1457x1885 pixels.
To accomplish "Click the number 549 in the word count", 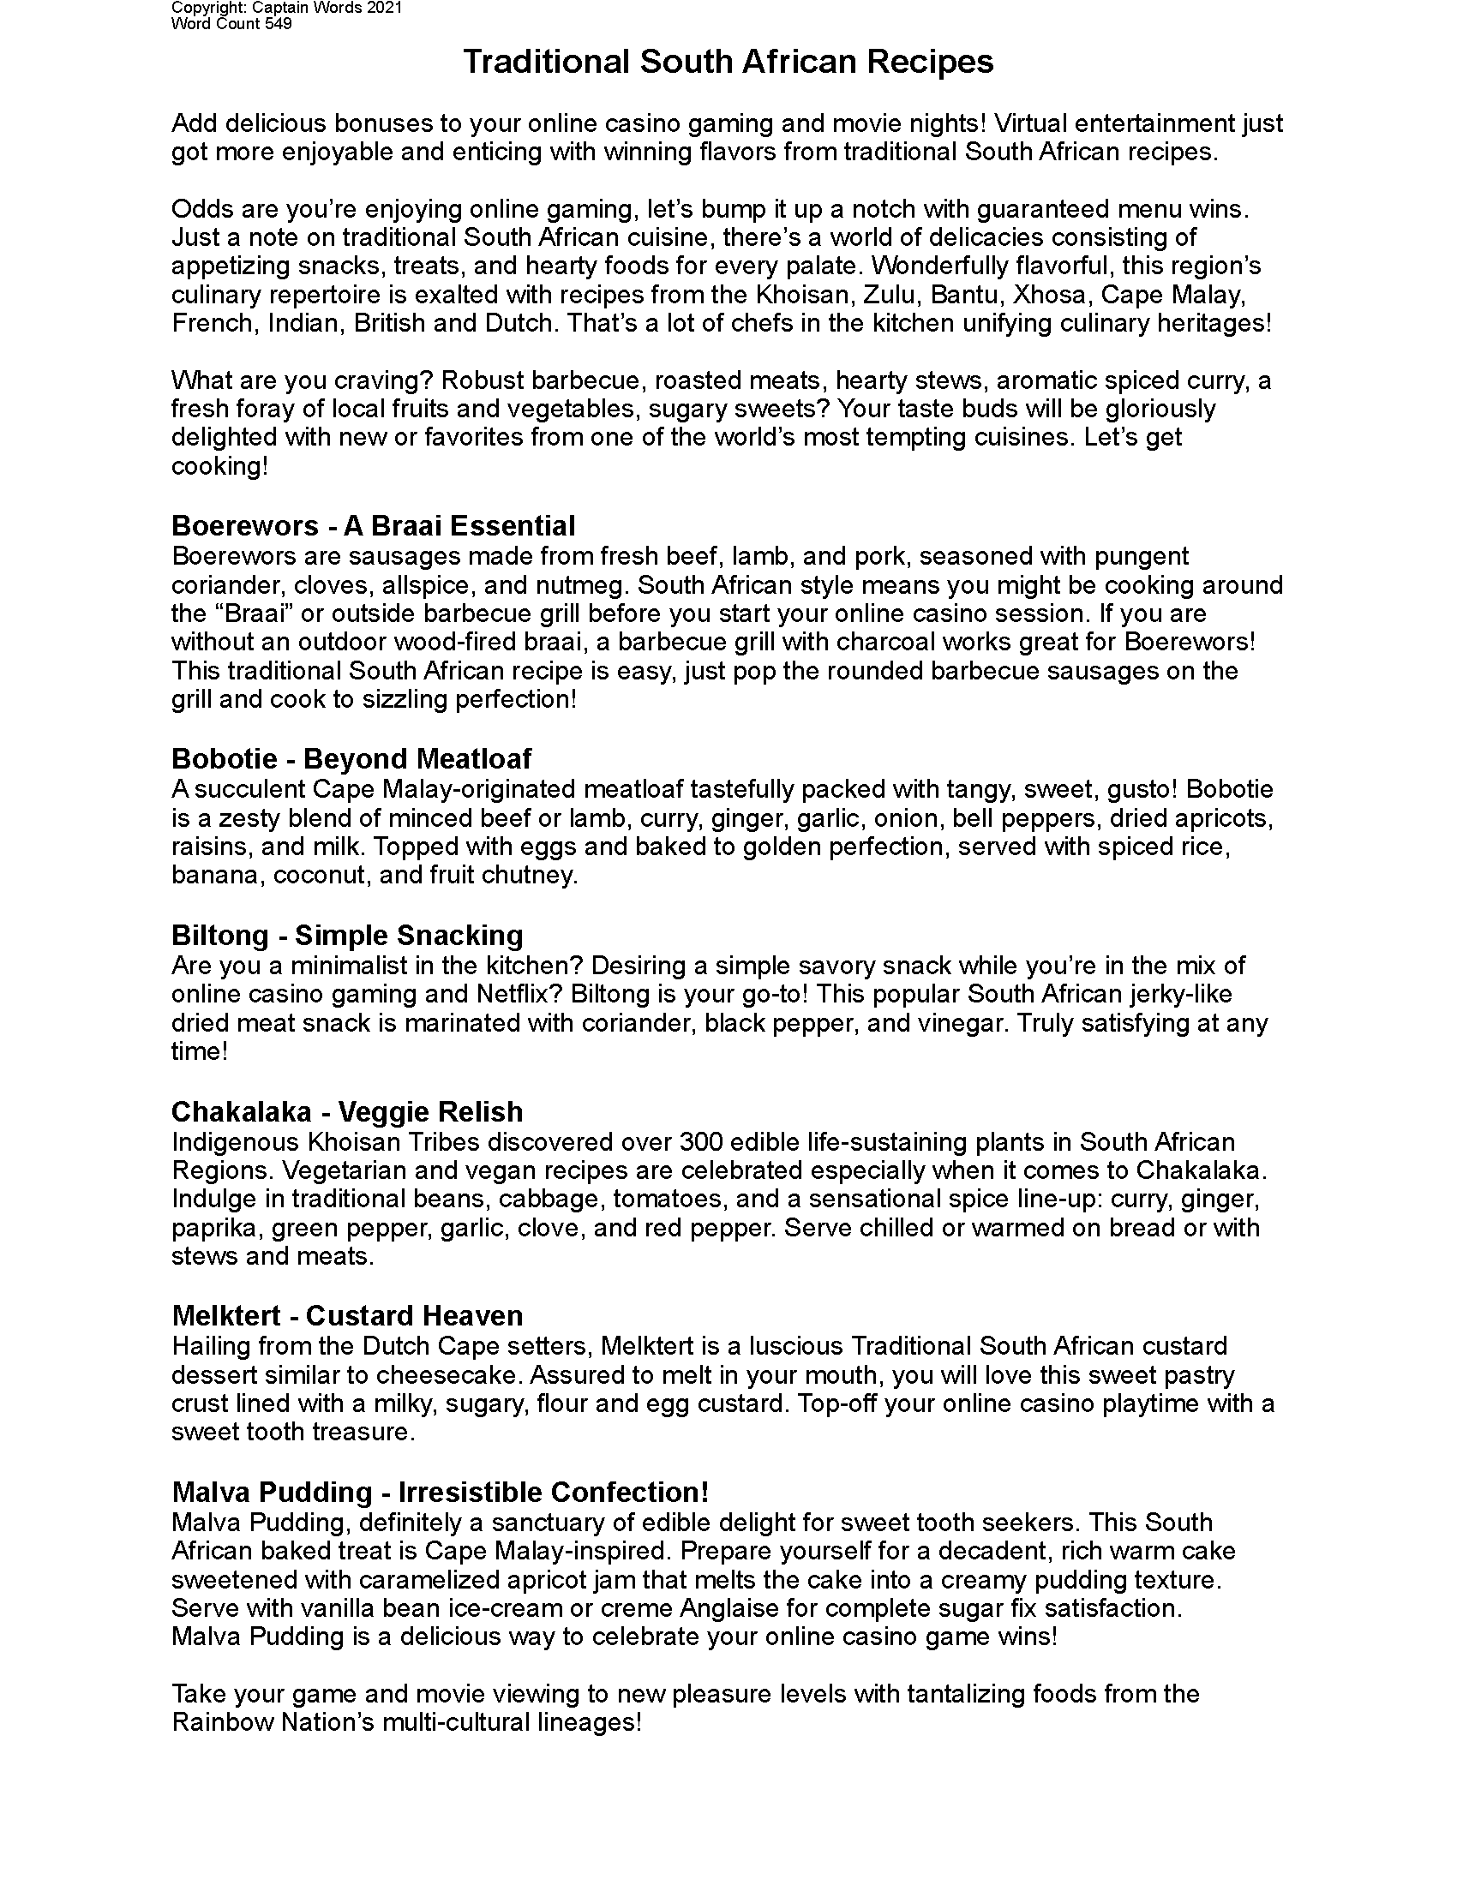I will click(x=278, y=24).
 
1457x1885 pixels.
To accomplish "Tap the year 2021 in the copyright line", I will click(x=386, y=9).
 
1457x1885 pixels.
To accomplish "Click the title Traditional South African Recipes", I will click(x=728, y=63).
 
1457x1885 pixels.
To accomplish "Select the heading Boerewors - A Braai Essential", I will click(x=373, y=525).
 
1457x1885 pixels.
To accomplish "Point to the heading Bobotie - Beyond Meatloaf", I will click(x=351, y=758).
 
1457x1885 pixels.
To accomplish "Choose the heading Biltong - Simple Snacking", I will click(x=347, y=935).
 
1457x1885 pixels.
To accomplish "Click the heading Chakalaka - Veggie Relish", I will click(x=347, y=1111).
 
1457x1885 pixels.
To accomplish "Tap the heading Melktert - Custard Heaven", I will click(x=347, y=1315).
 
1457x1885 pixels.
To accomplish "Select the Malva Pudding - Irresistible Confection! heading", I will click(x=441, y=1493).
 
